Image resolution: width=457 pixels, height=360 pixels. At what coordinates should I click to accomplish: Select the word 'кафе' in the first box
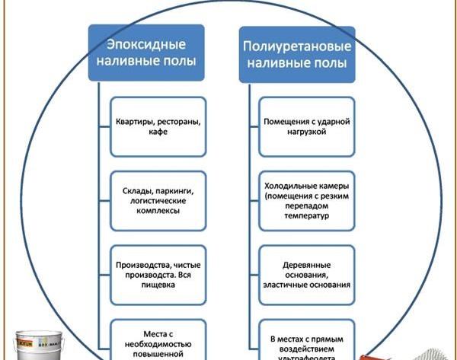(158, 131)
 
